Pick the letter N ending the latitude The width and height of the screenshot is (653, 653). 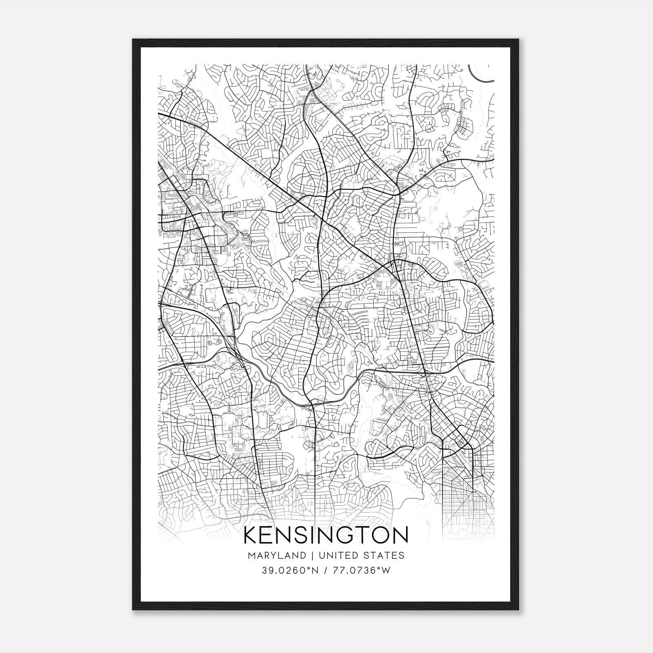click(x=316, y=571)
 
